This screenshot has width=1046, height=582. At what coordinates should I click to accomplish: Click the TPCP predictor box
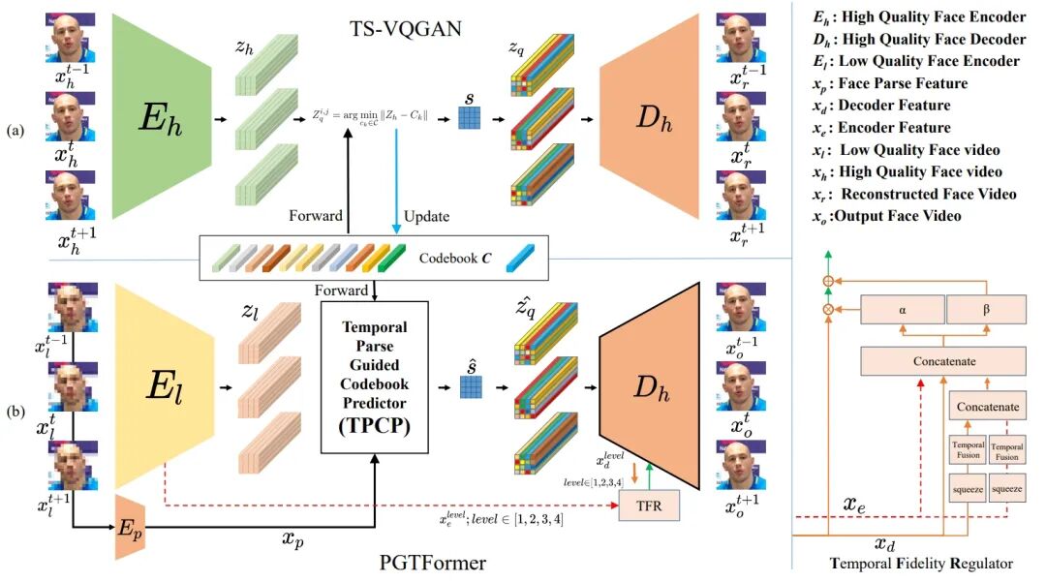[375, 378]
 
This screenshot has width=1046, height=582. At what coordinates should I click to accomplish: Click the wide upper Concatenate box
[942, 361]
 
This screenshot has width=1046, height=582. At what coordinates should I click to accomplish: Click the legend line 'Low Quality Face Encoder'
[916, 61]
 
